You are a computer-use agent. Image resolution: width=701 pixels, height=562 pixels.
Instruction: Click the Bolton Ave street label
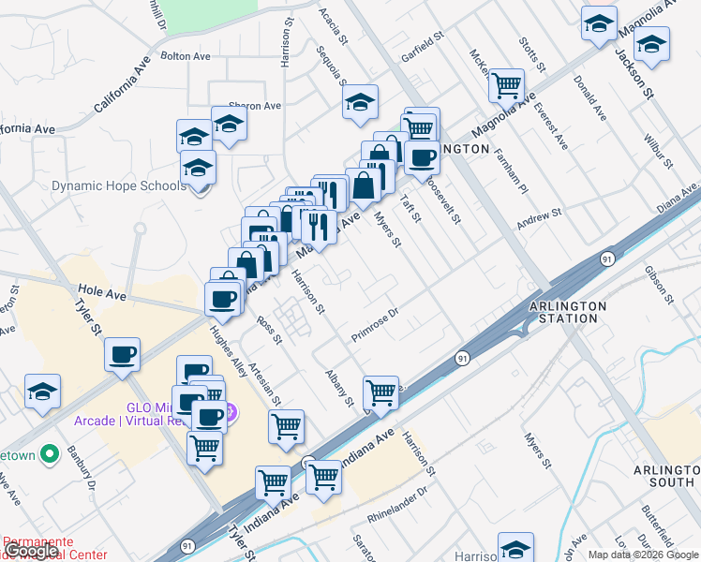click(186, 56)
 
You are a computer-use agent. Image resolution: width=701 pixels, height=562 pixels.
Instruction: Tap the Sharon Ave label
click(255, 106)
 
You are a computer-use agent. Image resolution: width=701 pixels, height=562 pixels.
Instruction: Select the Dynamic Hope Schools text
click(119, 185)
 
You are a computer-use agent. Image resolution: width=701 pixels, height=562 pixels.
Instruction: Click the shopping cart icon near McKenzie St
click(506, 85)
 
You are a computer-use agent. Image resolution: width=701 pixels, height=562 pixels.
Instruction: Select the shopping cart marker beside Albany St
click(380, 392)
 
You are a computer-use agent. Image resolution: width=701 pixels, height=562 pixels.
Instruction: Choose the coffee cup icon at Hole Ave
click(223, 299)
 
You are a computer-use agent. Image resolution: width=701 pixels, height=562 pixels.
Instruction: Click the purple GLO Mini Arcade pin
click(231, 411)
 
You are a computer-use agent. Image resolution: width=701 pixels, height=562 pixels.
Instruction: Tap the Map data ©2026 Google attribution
click(642, 555)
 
